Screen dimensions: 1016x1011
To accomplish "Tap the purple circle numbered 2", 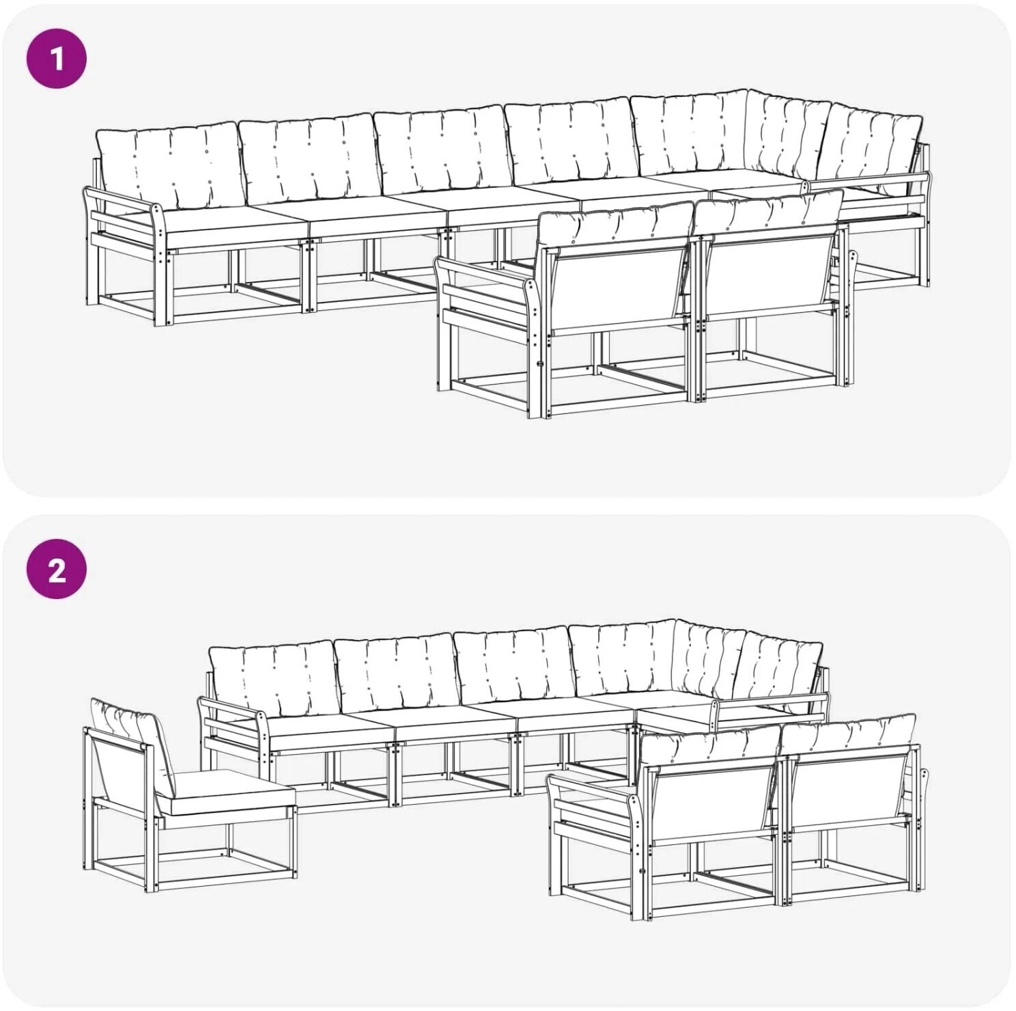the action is point(57,568).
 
